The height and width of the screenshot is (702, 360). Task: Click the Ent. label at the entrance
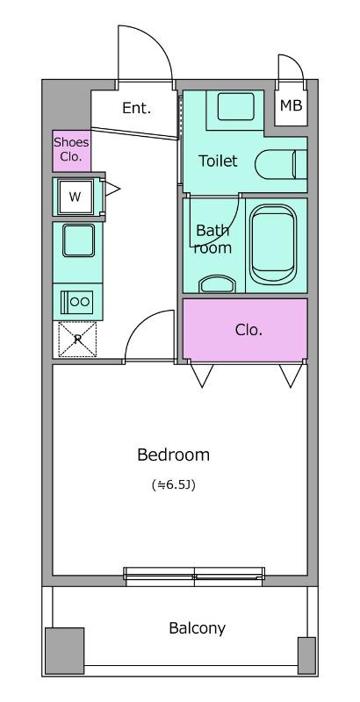(137, 108)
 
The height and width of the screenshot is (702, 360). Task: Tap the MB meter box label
(291, 105)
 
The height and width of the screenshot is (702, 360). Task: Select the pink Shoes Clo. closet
(72, 150)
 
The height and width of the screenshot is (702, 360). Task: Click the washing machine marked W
(76, 197)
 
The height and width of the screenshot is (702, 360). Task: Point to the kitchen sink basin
(78, 240)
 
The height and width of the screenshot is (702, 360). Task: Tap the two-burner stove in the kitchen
(77, 302)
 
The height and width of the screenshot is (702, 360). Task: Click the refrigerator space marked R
(77, 340)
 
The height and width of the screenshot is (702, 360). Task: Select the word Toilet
(218, 161)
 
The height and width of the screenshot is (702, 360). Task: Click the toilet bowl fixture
(281, 164)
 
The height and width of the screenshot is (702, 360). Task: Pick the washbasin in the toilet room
(236, 106)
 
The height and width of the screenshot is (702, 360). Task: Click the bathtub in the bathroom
(273, 245)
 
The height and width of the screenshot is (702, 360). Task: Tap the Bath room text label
(212, 239)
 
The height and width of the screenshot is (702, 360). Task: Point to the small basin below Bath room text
(218, 284)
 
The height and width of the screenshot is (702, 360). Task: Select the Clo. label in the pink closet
(248, 330)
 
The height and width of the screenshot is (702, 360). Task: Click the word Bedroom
(173, 455)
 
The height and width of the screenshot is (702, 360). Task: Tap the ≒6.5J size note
(173, 485)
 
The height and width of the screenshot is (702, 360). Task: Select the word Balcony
(197, 628)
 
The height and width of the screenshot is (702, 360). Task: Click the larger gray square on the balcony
(64, 651)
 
